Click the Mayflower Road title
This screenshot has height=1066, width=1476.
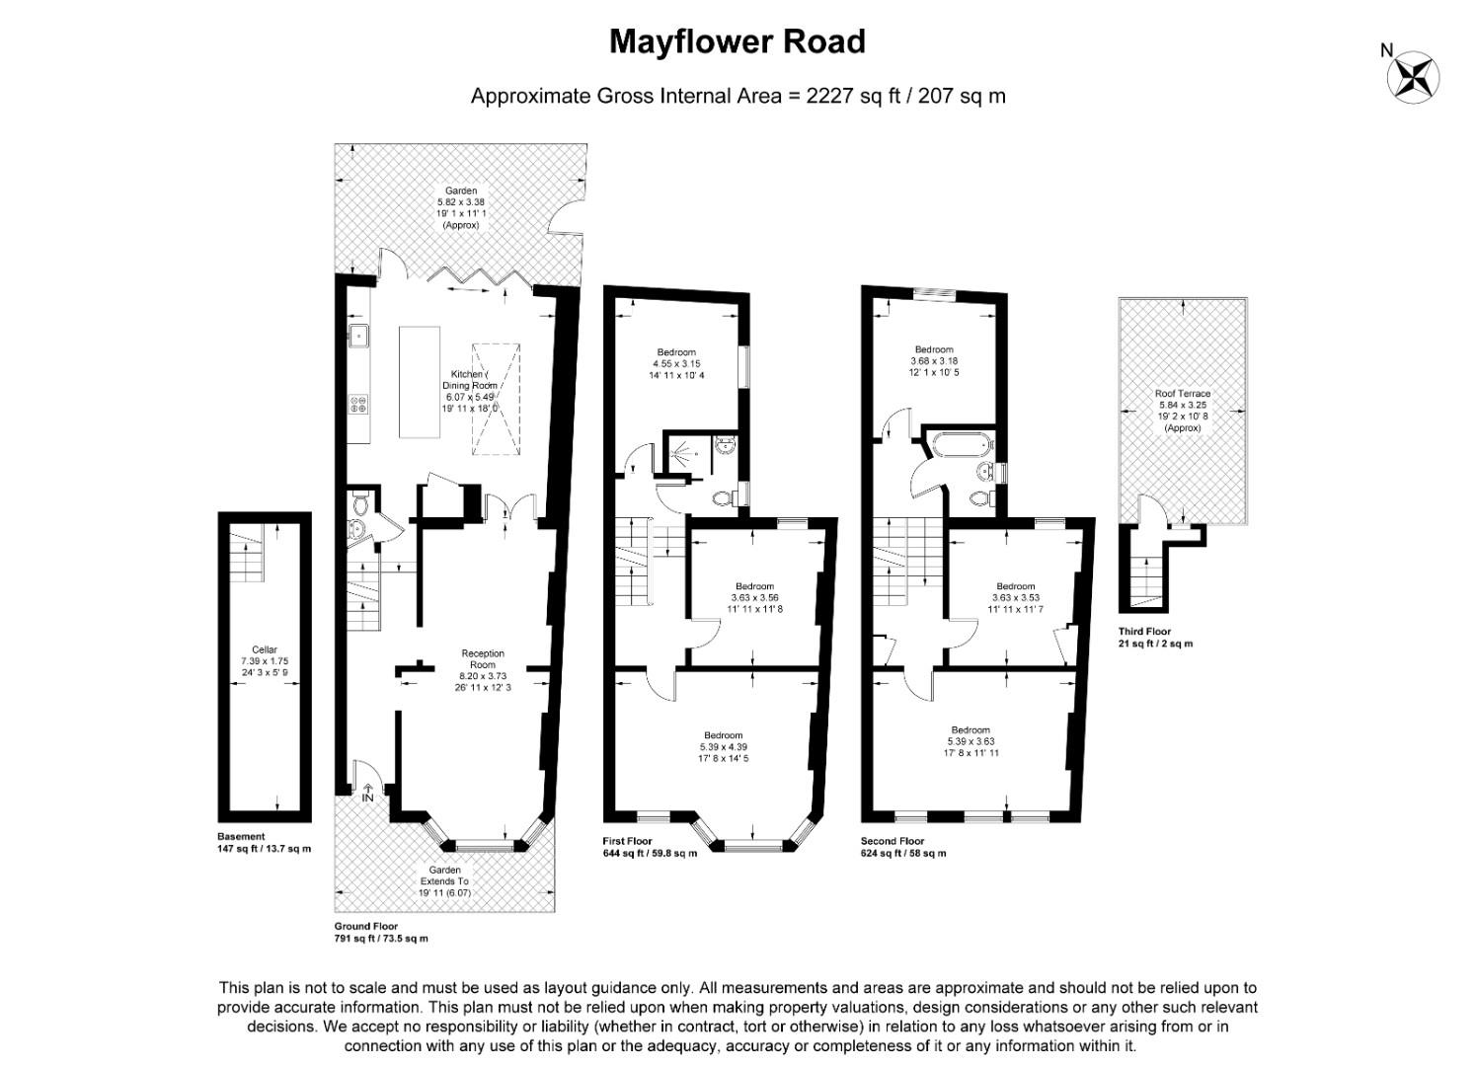(737, 41)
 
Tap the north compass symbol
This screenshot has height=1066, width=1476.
(1413, 76)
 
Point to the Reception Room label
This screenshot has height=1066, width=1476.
(483, 670)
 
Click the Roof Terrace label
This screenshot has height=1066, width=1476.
(1183, 410)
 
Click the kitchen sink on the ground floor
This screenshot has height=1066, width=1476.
(357, 337)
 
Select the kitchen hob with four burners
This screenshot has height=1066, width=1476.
(357, 404)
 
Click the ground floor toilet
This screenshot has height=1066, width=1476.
(361, 506)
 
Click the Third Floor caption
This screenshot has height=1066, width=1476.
(1144, 632)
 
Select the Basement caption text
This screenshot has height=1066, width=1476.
(241, 837)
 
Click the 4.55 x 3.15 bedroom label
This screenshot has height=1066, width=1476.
(676, 363)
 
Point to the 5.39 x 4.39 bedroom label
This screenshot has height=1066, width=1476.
(724, 746)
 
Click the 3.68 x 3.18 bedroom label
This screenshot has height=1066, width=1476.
(934, 361)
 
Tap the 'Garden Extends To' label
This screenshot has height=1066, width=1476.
(444, 881)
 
